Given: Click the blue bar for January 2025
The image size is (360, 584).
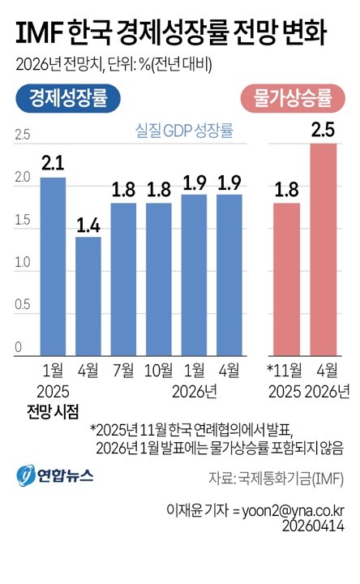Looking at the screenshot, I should tap(53, 266).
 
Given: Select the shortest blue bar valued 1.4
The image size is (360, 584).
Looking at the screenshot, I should tap(88, 295).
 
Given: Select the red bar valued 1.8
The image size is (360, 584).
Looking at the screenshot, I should tap(286, 278).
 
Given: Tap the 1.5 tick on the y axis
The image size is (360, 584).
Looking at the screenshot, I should tap(22, 221).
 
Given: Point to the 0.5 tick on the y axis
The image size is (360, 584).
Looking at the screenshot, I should tap(22, 306).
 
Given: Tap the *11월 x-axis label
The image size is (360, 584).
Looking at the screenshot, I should tap(285, 371).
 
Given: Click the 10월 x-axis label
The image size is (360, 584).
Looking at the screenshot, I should tap(159, 371).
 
